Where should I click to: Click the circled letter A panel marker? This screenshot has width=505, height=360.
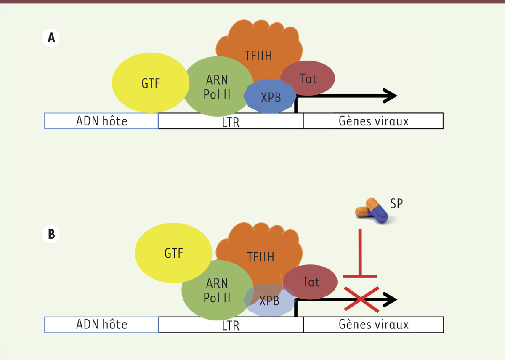tap(51, 38)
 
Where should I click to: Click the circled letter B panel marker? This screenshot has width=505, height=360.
tap(51, 234)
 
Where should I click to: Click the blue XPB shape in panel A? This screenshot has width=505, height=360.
tap(269, 96)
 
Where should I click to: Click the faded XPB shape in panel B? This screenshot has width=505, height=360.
tap(269, 301)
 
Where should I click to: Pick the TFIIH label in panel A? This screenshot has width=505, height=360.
tap(259, 55)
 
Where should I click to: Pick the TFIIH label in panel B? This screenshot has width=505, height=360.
tap(261, 256)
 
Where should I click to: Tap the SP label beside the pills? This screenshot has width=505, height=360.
tap(396, 203)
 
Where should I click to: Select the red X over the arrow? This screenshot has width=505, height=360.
tap(362, 299)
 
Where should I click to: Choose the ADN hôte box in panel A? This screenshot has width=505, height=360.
tap(101, 121)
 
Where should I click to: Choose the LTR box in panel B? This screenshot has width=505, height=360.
tap(231, 325)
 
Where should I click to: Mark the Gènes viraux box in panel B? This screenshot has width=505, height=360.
tap(373, 325)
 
